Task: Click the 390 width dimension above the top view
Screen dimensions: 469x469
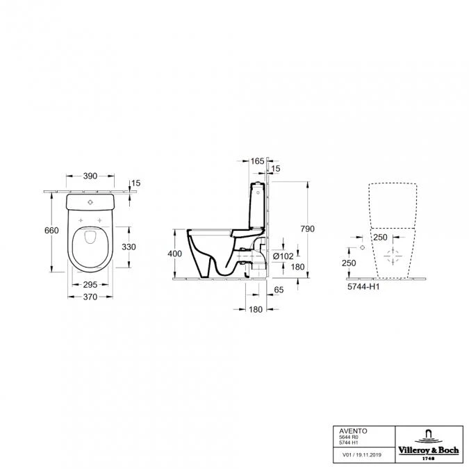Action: coord(90,177)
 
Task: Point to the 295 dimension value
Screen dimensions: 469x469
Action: coord(90,284)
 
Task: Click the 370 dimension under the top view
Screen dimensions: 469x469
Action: coord(90,297)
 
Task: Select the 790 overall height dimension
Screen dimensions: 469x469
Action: coord(307,229)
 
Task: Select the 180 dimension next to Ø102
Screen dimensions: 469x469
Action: coord(298,268)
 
